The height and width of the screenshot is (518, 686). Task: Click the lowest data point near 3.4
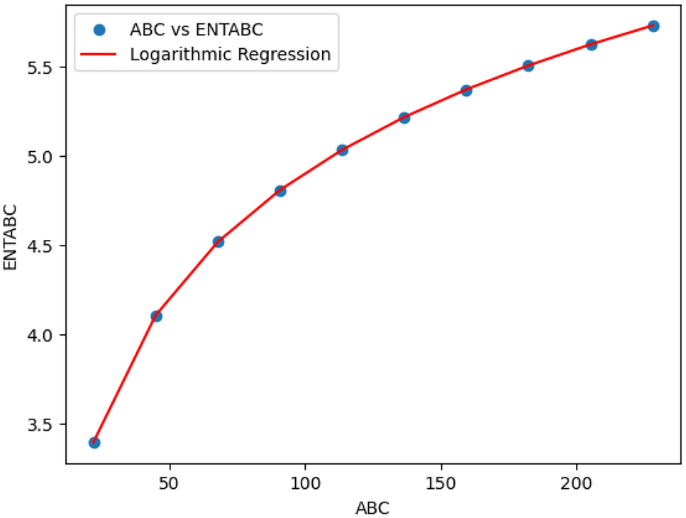coord(94,442)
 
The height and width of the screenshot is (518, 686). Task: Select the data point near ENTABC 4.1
coord(156,316)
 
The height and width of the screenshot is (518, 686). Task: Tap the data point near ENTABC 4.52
coord(218,242)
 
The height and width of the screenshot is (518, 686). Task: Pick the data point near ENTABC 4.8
coord(280,191)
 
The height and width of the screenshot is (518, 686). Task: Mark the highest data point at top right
coord(653,26)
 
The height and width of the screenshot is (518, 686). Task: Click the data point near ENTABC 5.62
coord(591,45)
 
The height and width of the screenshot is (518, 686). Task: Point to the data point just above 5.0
coord(342,150)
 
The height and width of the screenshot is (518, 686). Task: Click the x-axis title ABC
coord(373,507)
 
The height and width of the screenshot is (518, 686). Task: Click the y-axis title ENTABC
coord(11,238)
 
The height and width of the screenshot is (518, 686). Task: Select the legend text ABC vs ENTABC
coord(197,30)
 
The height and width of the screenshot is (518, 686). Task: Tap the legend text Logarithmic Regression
coord(230,55)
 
